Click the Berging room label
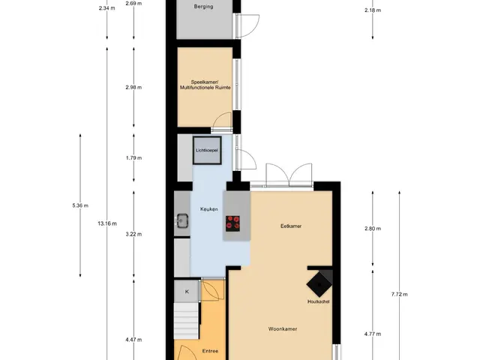click(203, 7)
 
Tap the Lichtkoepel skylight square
click(207, 150)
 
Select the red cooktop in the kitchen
click(232, 223)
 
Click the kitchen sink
click(182, 220)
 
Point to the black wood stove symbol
click(319, 283)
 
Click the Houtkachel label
click(318, 301)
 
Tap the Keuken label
click(209, 209)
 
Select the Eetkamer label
click(291, 226)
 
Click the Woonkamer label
click(283, 328)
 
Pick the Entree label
click(210, 351)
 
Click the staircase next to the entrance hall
click(187, 321)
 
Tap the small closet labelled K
click(187, 292)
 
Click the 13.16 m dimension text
click(107, 223)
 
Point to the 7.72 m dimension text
click(400, 294)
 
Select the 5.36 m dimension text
click(80, 205)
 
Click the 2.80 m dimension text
click(373, 228)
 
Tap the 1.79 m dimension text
click(133, 158)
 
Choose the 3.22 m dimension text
click(133, 234)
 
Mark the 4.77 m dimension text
click(373, 334)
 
